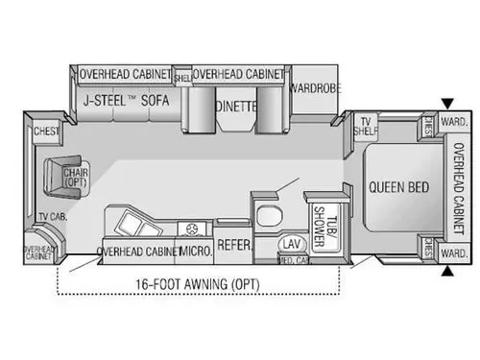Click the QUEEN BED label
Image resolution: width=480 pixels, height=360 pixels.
click(399, 186)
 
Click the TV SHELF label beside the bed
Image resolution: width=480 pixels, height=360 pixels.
click(366, 126)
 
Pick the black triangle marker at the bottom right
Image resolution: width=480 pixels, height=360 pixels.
click(447, 270)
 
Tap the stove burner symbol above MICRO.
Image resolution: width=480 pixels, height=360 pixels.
click(195, 228)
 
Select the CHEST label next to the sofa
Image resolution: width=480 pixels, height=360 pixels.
click(45, 132)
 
